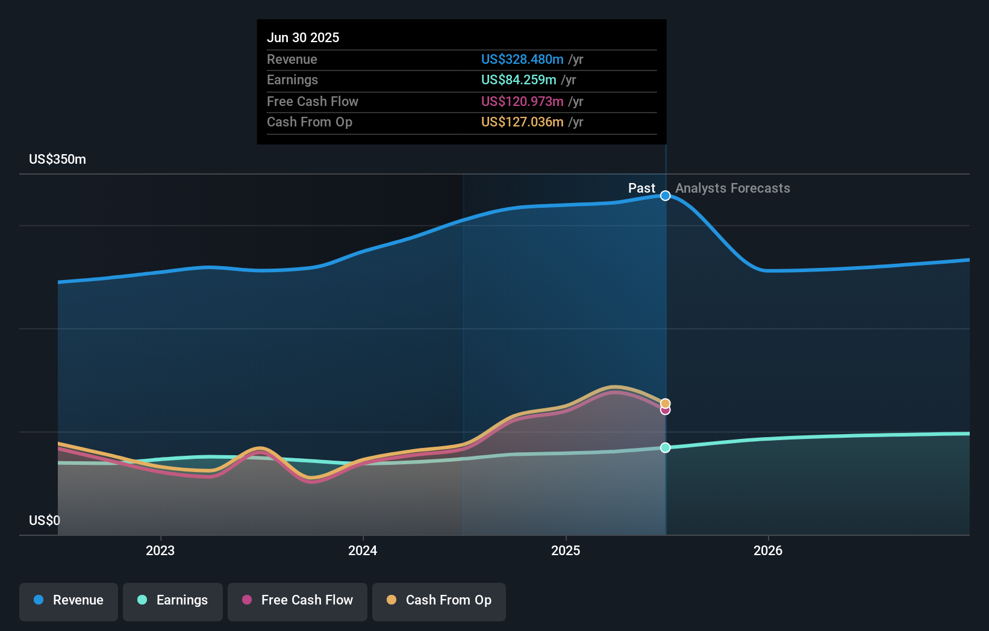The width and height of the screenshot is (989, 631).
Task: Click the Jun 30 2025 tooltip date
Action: pyautogui.click(x=303, y=37)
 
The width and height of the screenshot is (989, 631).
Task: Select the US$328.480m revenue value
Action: pyautogui.click(x=522, y=59)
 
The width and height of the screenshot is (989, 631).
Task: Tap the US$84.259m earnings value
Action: pyautogui.click(x=519, y=79)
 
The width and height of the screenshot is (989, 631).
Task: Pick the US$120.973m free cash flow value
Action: pyautogui.click(x=522, y=101)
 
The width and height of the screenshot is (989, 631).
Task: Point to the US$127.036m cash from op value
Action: pyautogui.click(x=522, y=122)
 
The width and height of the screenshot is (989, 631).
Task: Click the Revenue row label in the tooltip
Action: pyautogui.click(x=292, y=59)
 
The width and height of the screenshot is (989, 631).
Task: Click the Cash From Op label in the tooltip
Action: pyautogui.click(x=310, y=122)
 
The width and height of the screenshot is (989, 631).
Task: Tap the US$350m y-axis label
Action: pyautogui.click(x=58, y=159)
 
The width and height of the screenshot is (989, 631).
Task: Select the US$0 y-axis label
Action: pyautogui.click(x=45, y=520)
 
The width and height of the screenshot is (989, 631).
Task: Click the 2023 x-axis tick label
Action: pyautogui.click(x=160, y=550)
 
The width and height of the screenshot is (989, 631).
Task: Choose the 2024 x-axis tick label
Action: pyautogui.click(x=363, y=550)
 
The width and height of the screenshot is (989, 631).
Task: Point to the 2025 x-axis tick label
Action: pyautogui.click(x=566, y=550)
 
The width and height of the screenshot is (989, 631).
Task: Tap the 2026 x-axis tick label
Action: pyautogui.click(x=768, y=550)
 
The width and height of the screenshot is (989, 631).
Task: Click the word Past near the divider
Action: pyautogui.click(x=641, y=188)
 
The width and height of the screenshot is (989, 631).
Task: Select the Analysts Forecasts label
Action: pyautogui.click(x=732, y=188)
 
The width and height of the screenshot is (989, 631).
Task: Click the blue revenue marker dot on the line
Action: pyautogui.click(x=666, y=196)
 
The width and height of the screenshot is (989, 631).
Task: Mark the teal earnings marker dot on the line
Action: pyautogui.click(x=666, y=447)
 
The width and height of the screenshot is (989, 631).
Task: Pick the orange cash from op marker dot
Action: pyautogui.click(x=666, y=403)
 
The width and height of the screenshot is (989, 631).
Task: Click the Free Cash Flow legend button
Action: pyautogui.click(x=298, y=600)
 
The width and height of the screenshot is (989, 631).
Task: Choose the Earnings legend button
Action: pyautogui.click(x=173, y=600)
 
